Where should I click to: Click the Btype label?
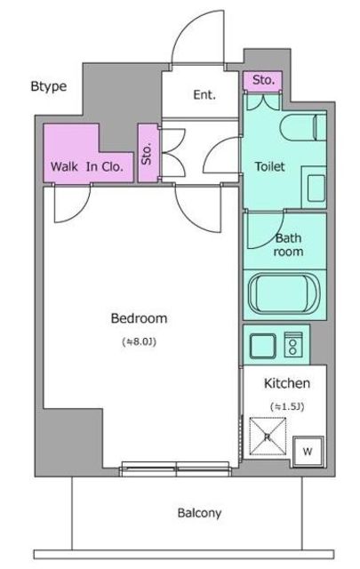pyautogui.click(x=49, y=87)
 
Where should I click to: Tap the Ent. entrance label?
pyautogui.click(x=204, y=95)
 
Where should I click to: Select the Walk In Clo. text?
pyautogui.click(x=87, y=166)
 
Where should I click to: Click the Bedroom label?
pyautogui.click(x=139, y=318)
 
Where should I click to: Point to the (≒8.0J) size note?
pyautogui.click(x=140, y=341)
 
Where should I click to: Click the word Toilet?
pyautogui.click(x=269, y=166)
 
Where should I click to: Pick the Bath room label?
pyautogui.click(x=288, y=244)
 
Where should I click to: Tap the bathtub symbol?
pyautogui.click(x=284, y=294)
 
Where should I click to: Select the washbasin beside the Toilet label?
pyautogui.click(x=316, y=188)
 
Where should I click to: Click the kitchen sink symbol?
pyautogui.click(x=262, y=346)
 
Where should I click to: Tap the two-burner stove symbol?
pyautogui.click(x=293, y=344)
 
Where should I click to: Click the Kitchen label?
pyautogui.click(x=287, y=383)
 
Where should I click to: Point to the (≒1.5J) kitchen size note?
pyautogui.click(x=287, y=406)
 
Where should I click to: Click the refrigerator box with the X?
pyautogui.click(x=268, y=437)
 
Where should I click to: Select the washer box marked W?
pyautogui.click(x=308, y=452)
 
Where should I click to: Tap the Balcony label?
pyautogui.click(x=199, y=513)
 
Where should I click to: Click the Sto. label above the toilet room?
pyautogui.click(x=263, y=79)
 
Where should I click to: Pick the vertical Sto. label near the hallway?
pyautogui.click(x=147, y=154)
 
